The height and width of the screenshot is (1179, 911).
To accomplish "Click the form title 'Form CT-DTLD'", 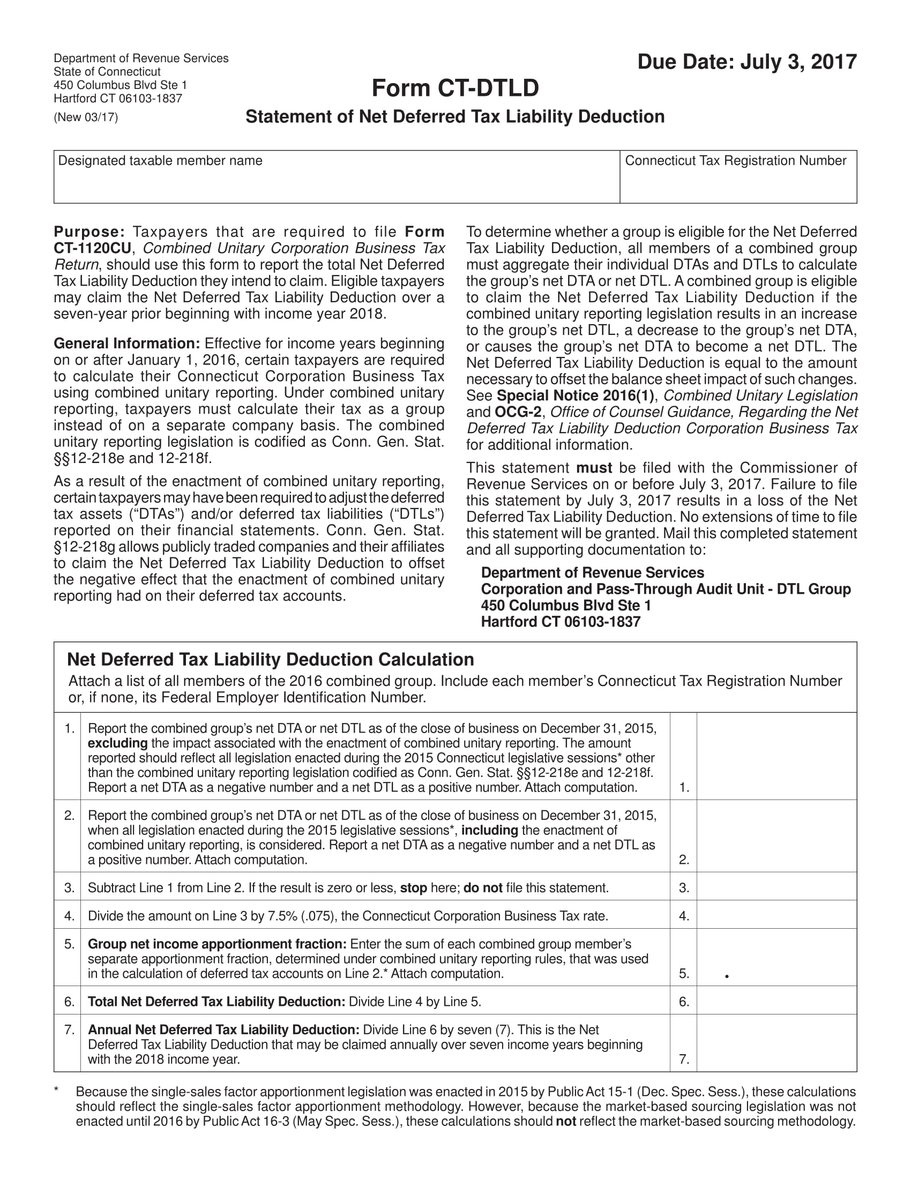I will coord(455,88).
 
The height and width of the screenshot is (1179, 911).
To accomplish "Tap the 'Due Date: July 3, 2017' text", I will coord(746,62).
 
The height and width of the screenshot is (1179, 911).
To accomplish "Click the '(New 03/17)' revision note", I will coord(86,117).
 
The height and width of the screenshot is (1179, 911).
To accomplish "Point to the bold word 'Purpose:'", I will coord(89,232).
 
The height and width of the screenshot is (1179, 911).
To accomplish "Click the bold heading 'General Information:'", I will coord(127,344).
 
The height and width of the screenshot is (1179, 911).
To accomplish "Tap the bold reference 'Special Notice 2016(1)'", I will coord(575,396).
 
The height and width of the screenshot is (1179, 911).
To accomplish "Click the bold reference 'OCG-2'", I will coord(518,413).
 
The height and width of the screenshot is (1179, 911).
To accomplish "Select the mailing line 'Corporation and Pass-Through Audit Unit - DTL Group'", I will coord(666,589).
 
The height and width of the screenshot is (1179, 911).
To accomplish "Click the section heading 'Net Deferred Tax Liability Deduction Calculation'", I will coord(270,660).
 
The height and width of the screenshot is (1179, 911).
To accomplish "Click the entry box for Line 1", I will coord(776,756).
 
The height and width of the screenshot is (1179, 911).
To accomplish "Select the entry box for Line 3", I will coord(776,888).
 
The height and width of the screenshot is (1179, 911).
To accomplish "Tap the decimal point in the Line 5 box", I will coord(727,976).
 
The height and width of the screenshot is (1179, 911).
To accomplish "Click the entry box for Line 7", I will coord(776,1043).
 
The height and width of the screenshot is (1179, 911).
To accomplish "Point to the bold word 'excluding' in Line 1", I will coord(117,743).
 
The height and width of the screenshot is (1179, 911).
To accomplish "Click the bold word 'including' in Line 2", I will coord(489,830).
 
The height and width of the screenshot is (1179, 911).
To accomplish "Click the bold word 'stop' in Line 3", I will coord(413,888).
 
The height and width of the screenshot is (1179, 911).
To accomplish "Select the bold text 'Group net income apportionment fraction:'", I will coord(217,944).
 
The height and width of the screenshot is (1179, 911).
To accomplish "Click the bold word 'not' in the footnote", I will coord(565,1122).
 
